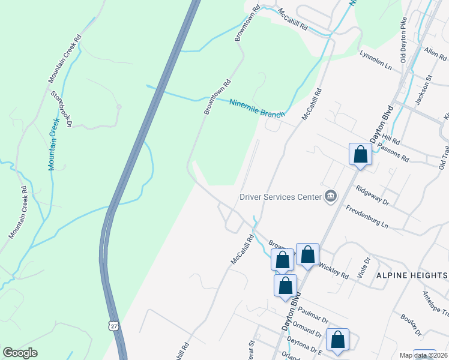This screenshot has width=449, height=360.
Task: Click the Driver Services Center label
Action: click(x=280, y=196)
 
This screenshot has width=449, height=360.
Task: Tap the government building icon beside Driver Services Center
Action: click(x=330, y=196)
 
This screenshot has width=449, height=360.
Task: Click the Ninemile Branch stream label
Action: click(x=256, y=106)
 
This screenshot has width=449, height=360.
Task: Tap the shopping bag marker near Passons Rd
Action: click(x=360, y=155)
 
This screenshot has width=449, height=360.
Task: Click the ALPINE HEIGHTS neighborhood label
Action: click(x=412, y=275)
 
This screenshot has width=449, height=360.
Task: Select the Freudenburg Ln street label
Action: click(x=368, y=217)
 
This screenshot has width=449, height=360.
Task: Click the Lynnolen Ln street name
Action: click(x=375, y=61)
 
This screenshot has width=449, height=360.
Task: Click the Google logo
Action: click(x=20, y=353)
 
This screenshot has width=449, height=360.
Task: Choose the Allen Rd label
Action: click(x=435, y=55)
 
